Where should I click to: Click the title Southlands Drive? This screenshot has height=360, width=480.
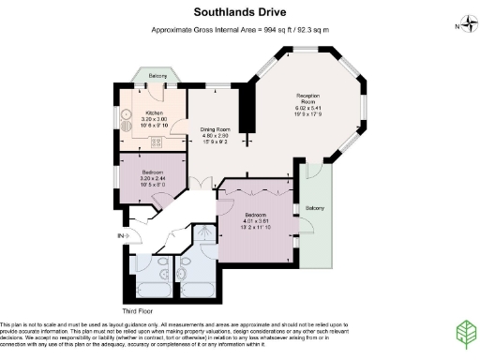click(x=240, y=12)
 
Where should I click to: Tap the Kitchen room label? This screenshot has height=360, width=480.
click(x=154, y=112)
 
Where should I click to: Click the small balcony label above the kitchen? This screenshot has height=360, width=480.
click(x=157, y=75)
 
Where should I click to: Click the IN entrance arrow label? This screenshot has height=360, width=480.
click(x=120, y=235)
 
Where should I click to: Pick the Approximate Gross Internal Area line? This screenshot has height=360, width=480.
click(x=240, y=29)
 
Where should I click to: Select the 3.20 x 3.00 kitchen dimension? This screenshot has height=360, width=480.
click(x=154, y=119)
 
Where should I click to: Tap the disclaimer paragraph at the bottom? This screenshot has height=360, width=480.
click(x=206, y=334)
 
